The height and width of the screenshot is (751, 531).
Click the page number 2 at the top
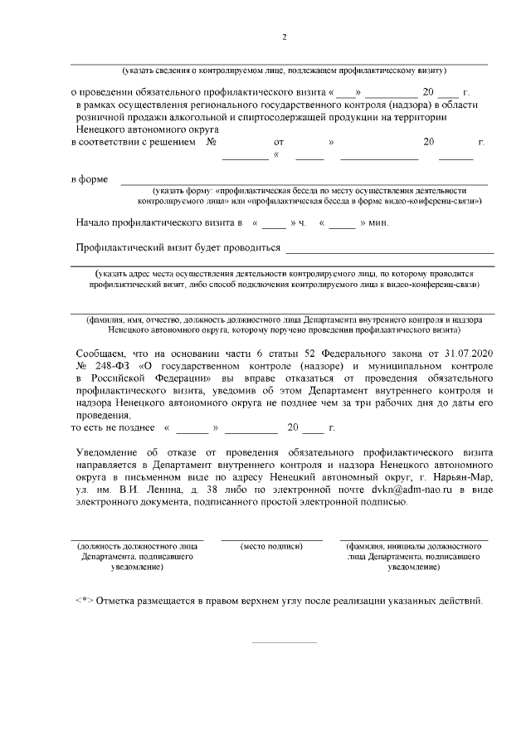(x=285, y=37)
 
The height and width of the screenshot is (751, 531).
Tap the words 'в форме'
(x=88, y=180)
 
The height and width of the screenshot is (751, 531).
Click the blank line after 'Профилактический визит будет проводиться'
(x=389, y=250)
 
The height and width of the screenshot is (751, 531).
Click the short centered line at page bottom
(x=284, y=641)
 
